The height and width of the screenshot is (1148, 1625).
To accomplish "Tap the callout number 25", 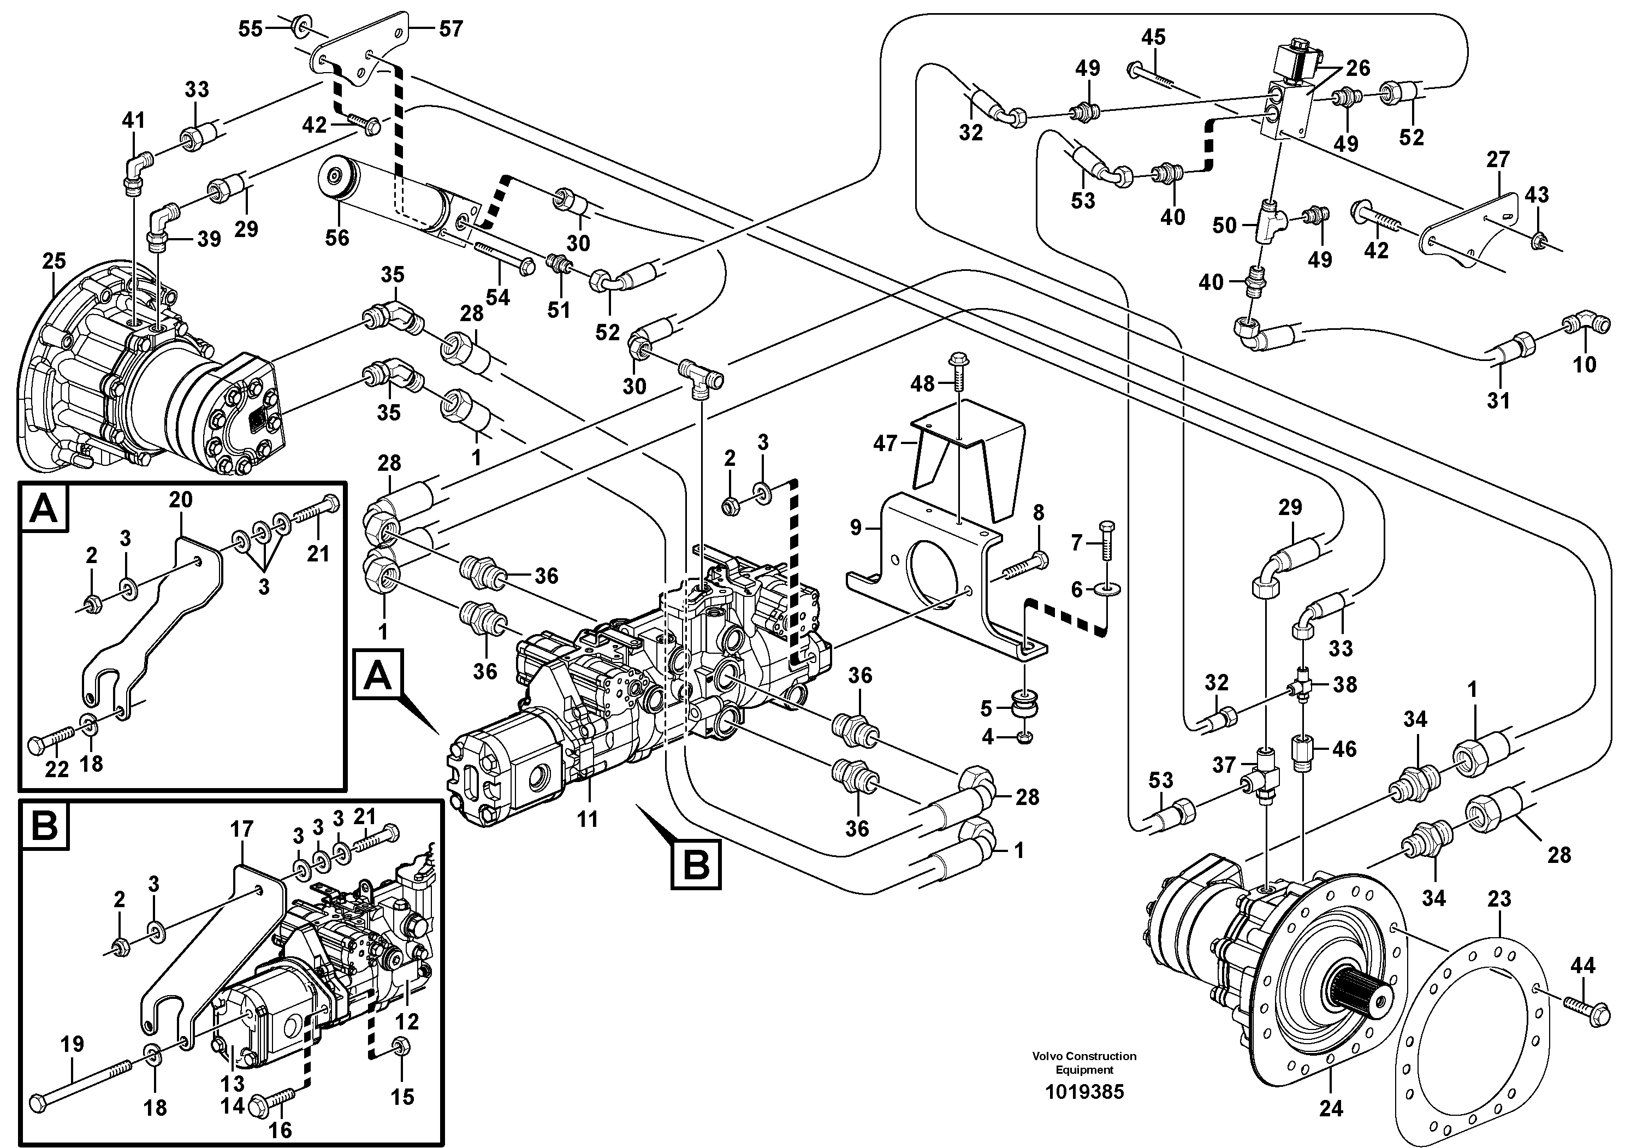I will tap(54, 261).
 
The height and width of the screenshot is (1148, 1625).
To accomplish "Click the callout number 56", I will tap(337, 237).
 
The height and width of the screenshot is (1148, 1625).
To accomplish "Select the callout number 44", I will tap(1582, 966).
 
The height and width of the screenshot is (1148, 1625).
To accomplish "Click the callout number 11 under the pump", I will tap(588, 819).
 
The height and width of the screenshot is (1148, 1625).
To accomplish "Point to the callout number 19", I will tap(72, 1044).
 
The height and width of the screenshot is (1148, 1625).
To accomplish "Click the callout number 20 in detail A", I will tap(181, 500).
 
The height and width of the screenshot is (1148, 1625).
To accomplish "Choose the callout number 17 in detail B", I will tap(241, 829).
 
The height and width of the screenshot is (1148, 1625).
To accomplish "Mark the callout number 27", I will tap(1498, 160).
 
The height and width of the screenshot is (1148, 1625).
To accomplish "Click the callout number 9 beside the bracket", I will tap(856, 527).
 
